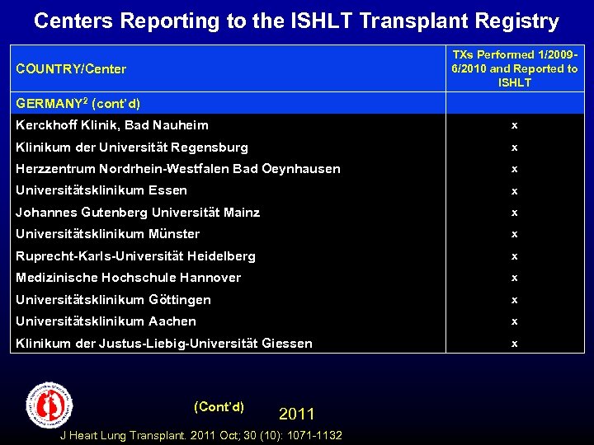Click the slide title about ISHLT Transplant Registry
(x=296, y=21)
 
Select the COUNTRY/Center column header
(x=71, y=68)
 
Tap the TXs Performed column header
(x=514, y=68)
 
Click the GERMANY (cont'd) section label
(x=78, y=104)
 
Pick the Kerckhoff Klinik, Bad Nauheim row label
(x=112, y=125)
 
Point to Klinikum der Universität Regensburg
(x=132, y=148)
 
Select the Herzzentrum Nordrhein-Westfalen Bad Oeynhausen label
(x=178, y=169)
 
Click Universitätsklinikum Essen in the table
(x=101, y=190)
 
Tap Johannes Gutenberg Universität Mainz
(x=138, y=213)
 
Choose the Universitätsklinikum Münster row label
(x=108, y=234)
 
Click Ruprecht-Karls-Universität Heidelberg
(x=136, y=256)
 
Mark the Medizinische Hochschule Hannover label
(x=129, y=278)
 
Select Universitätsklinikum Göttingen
(x=114, y=300)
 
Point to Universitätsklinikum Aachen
(x=106, y=321)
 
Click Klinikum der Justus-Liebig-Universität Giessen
(x=164, y=344)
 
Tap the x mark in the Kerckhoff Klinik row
(x=514, y=125)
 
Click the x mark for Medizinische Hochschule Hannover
(x=514, y=278)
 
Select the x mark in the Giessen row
(x=514, y=344)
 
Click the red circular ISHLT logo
(x=49, y=405)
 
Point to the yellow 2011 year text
(x=297, y=414)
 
